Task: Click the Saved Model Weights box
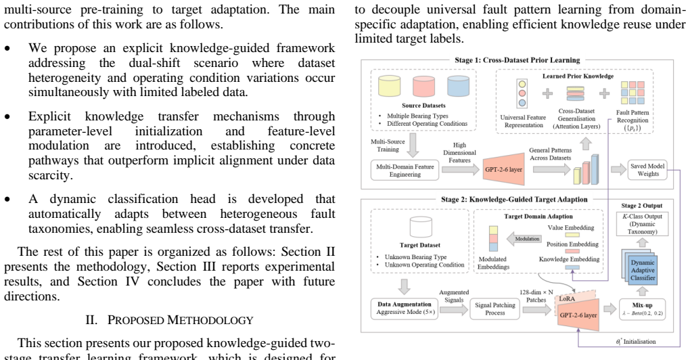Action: [x=648, y=170]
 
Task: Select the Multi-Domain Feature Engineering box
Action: [x=405, y=171]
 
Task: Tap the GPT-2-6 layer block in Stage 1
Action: [x=503, y=169]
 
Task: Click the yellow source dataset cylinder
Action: [x=390, y=86]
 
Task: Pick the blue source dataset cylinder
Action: [x=458, y=86]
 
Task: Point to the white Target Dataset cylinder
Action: [x=421, y=227]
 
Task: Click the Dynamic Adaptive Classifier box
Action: [x=643, y=270]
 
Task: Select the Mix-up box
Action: [x=642, y=309]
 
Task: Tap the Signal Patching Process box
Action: [x=495, y=309]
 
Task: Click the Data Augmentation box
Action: [x=405, y=309]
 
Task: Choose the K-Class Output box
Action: [x=642, y=223]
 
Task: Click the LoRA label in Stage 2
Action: [x=567, y=298]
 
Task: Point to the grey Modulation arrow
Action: [x=524, y=239]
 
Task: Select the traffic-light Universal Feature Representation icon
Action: [x=522, y=93]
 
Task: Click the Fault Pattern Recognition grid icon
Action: [x=632, y=93]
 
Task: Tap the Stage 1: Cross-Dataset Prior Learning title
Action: [x=517, y=60]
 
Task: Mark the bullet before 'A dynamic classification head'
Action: [x=7, y=200]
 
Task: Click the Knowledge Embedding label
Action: [x=569, y=259]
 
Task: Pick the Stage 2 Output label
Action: [x=641, y=206]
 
